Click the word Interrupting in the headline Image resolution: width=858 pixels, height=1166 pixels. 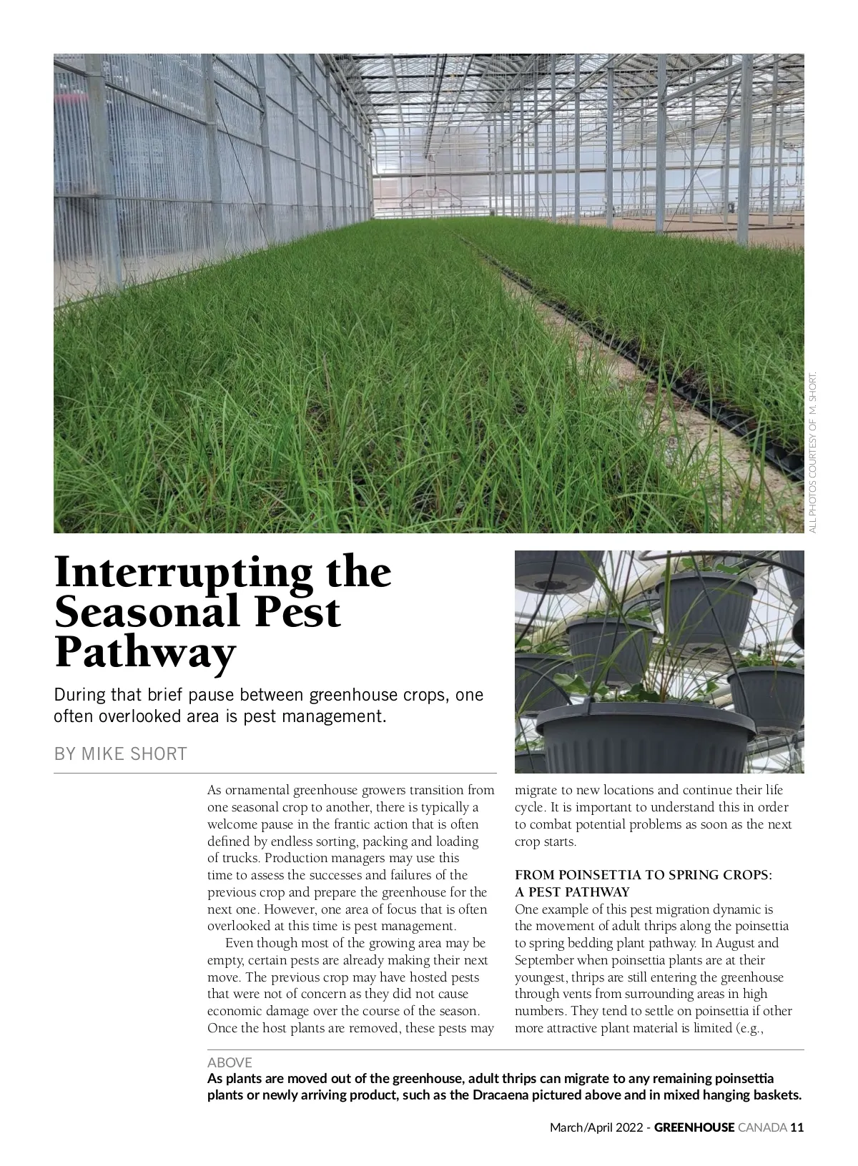182,574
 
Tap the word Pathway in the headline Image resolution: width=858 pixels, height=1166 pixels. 144,652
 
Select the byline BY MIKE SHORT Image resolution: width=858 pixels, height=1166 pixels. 120,754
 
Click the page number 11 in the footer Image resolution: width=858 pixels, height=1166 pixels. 798,1127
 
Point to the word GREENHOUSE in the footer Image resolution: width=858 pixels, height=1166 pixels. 694,1127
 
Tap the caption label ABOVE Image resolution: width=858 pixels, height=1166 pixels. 230,1062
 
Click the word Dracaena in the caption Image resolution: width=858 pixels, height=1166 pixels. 498,1095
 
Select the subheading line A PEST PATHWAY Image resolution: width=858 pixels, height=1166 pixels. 572,892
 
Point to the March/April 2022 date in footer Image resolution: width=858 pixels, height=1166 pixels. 596,1127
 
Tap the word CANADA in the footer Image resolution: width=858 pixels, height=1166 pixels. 762,1127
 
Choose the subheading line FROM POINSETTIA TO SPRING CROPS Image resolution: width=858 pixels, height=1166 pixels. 643,875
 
